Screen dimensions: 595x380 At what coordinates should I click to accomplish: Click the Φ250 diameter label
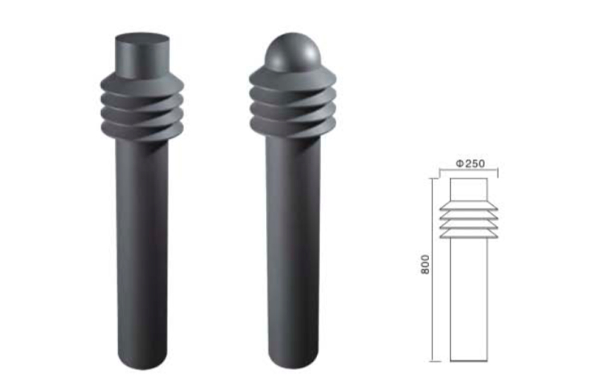tap(470, 163)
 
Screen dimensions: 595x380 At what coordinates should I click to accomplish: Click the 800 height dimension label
tap(425, 265)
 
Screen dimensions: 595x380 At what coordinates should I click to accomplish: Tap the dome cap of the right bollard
tap(292, 51)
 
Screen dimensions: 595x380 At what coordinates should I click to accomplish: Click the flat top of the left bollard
tap(142, 39)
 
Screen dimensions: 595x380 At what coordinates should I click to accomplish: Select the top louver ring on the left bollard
tap(142, 84)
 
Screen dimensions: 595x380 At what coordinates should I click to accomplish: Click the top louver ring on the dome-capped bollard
tap(292, 80)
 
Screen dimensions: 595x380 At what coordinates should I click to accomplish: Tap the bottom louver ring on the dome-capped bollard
tap(292, 127)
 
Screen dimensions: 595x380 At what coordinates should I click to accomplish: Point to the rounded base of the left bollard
tap(142, 360)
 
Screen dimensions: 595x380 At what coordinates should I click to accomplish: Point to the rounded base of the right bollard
tap(293, 360)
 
